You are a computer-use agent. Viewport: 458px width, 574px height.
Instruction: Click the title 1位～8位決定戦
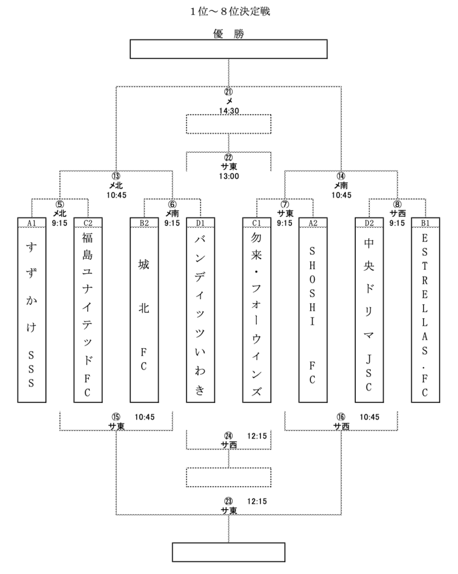point(229,11)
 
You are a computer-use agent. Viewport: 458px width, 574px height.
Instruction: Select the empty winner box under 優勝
point(229,49)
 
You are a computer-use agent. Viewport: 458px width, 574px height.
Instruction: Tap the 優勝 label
point(229,33)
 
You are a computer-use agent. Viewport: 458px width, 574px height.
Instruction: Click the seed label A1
point(32,223)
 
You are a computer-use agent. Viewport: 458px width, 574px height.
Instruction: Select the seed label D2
point(369,223)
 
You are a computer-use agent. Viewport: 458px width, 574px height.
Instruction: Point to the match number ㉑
point(228,92)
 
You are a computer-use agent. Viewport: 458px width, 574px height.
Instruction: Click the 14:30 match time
point(228,111)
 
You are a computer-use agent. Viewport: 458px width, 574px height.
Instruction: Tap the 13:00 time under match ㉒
point(228,177)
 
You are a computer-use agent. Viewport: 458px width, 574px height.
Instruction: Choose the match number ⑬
point(116,176)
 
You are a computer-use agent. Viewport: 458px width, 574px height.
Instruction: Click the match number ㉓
point(228,501)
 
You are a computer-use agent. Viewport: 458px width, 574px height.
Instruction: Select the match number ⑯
point(341,417)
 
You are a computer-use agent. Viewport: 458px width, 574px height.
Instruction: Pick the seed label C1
point(256,223)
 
